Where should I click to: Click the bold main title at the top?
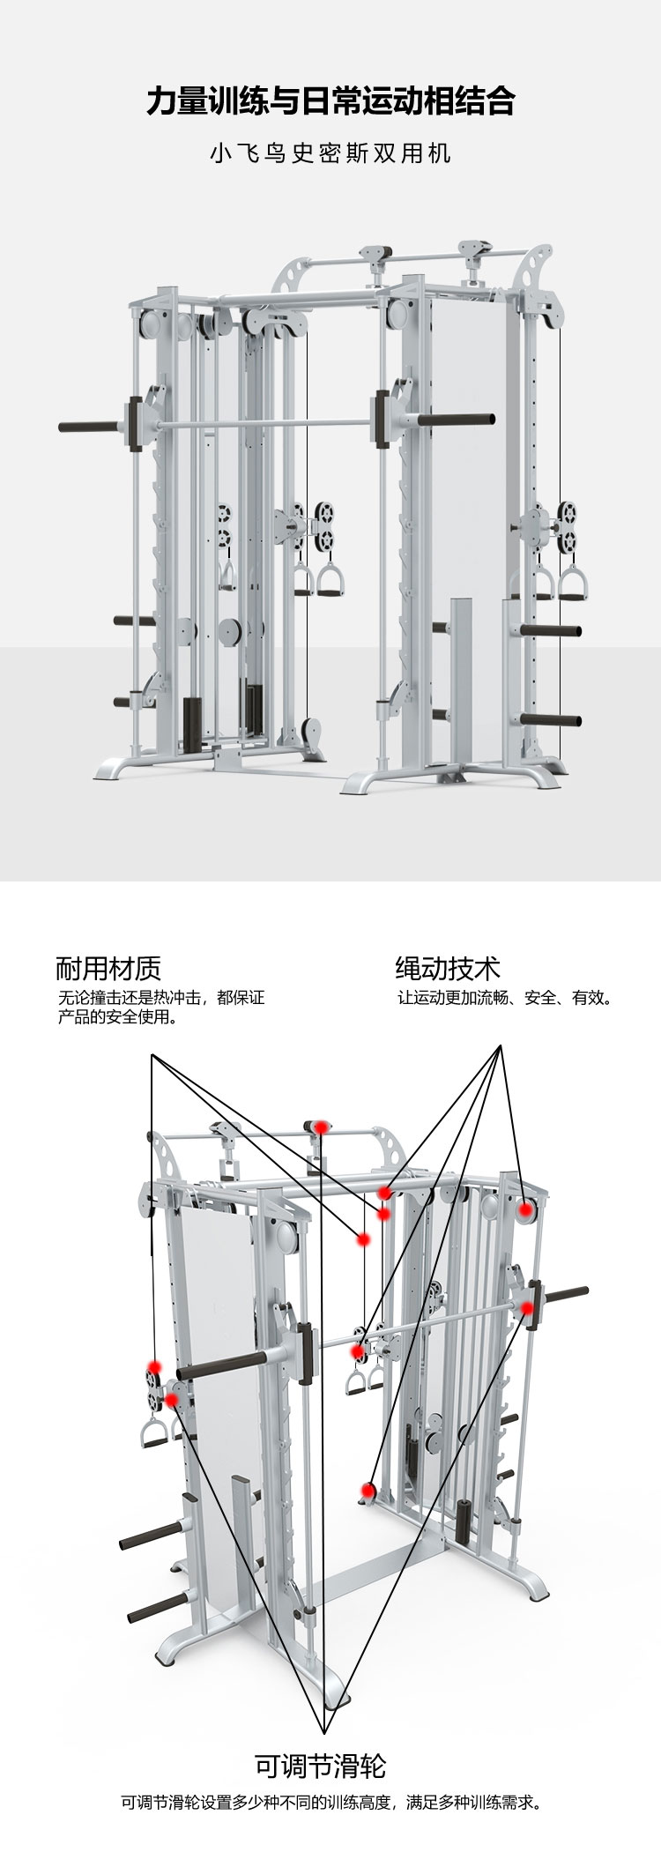tap(330, 101)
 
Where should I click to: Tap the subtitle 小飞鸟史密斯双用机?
tap(330, 152)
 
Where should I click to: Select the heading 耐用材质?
tap(108, 969)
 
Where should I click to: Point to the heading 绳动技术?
tap(448, 969)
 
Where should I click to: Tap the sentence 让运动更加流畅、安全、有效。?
tap(504, 999)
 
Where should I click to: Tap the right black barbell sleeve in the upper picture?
tap(457, 420)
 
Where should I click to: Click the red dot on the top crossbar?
tap(321, 1127)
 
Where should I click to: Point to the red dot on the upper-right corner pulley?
tap(525, 1210)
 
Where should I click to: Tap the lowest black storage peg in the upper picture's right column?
tap(551, 719)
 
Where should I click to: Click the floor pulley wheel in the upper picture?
tap(310, 729)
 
